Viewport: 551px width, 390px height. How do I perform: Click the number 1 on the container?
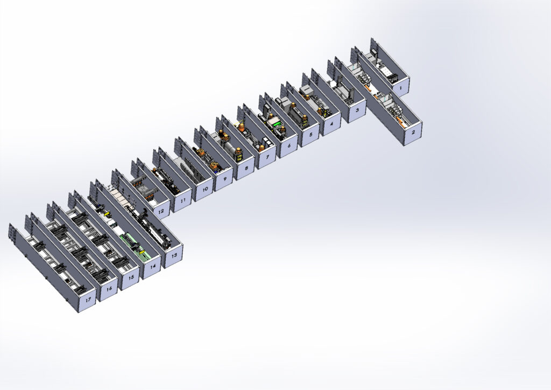pyautogui.click(x=400, y=84)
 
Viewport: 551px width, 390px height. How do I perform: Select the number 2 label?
pyautogui.click(x=413, y=132)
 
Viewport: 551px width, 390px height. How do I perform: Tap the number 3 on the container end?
pyautogui.click(x=357, y=110)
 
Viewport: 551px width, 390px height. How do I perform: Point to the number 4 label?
pyautogui.click(x=331, y=123)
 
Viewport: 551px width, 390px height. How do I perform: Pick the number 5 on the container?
pyautogui.click(x=310, y=134)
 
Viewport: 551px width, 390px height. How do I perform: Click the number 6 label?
pyautogui.click(x=289, y=145)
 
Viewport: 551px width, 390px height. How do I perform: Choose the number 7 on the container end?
pyautogui.click(x=267, y=157)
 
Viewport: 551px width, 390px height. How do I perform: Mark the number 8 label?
pyautogui.click(x=246, y=168)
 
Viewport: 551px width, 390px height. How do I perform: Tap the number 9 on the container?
pyautogui.click(x=225, y=179)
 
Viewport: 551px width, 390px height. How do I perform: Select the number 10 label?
pyautogui.click(x=205, y=189)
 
